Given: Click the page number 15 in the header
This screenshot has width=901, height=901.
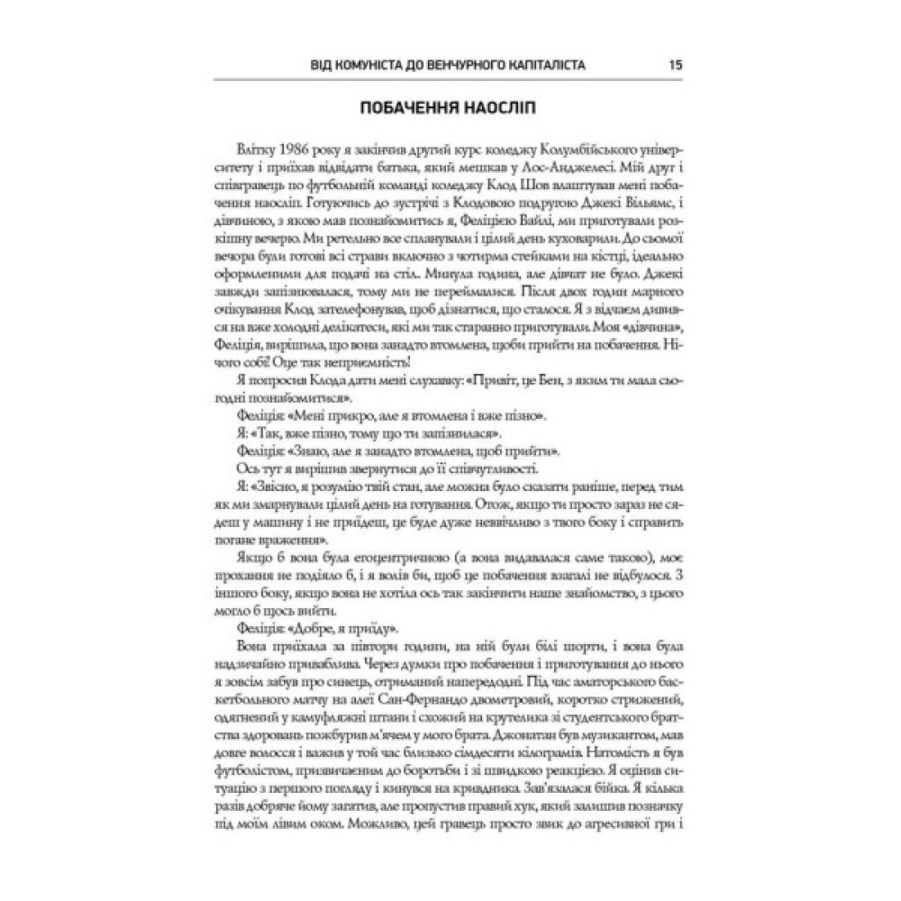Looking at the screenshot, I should click(675, 66).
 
